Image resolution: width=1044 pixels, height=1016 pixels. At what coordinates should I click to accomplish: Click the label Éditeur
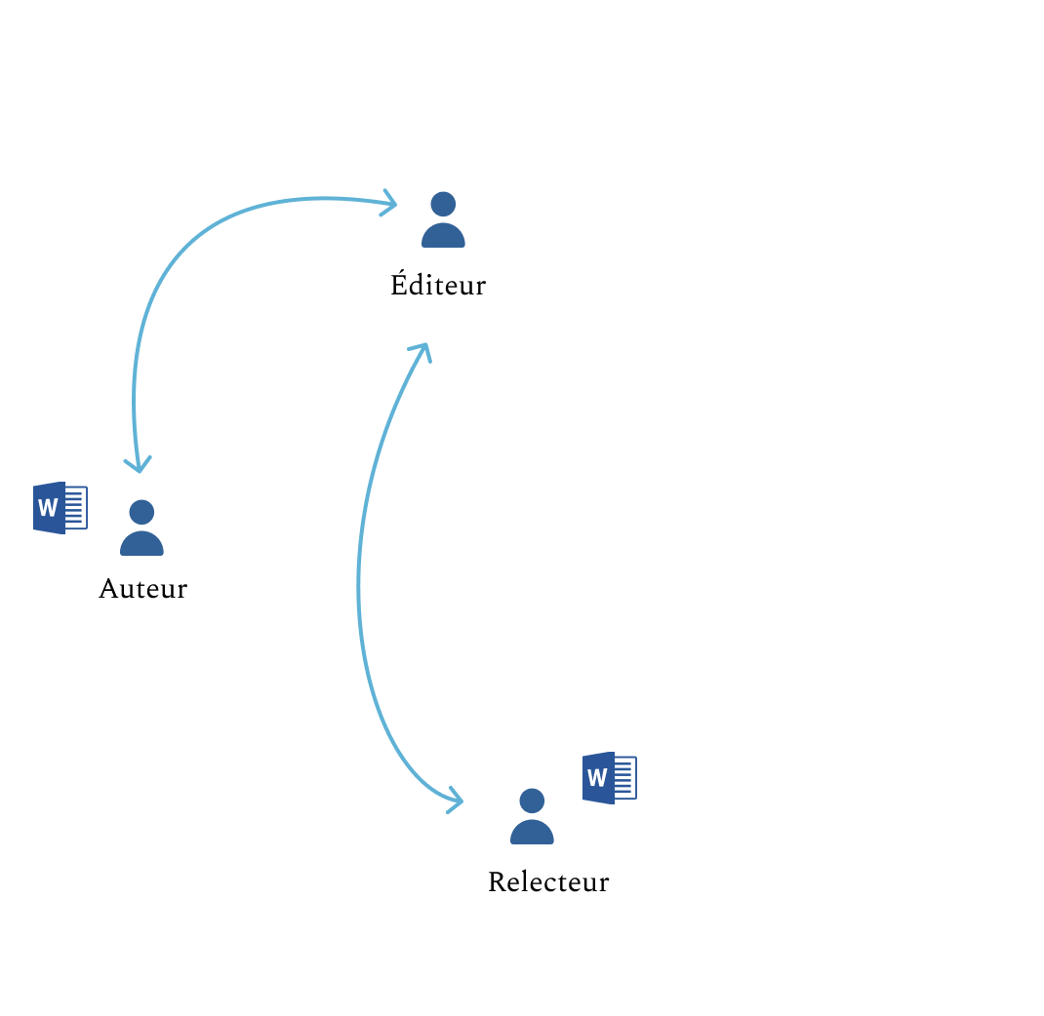pyautogui.click(x=437, y=285)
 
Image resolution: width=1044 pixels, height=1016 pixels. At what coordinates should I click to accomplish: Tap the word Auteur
pyautogui.click(x=142, y=589)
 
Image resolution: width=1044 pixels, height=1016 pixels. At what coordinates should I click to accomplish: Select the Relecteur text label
pyautogui.click(x=547, y=882)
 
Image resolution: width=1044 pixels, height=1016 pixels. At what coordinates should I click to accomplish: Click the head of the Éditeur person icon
pyautogui.click(x=443, y=204)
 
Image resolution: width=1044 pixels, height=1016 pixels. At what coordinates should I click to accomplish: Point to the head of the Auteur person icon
pyautogui.click(x=141, y=512)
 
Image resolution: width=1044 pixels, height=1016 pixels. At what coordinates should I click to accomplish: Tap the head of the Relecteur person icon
pyautogui.click(x=532, y=801)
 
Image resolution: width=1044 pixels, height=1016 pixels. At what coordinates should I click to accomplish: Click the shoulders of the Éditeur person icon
pyautogui.click(x=443, y=236)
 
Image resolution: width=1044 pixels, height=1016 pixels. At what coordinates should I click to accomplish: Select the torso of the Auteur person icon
pyautogui.click(x=141, y=544)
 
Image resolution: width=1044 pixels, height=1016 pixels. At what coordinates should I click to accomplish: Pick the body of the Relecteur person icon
pyautogui.click(x=532, y=833)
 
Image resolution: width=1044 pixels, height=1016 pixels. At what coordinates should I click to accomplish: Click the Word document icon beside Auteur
pyautogui.click(x=60, y=508)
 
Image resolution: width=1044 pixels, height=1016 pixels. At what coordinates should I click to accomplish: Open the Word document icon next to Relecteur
pyautogui.click(x=609, y=778)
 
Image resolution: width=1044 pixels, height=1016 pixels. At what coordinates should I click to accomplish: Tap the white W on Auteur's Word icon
pyautogui.click(x=47, y=508)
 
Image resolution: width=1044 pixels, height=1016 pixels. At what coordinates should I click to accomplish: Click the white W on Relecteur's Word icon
pyautogui.click(x=597, y=778)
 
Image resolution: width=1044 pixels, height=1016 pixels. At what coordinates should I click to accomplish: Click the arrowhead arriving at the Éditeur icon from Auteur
pyautogui.click(x=390, y=204)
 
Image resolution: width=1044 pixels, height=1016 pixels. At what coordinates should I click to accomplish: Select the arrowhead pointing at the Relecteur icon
pyautogui.click(x=456, y=801)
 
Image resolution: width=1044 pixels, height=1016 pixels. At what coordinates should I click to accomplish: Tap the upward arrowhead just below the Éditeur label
pyautogui.click(x=422, y=349)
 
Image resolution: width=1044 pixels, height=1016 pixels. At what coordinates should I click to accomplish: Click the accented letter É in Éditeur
pyautogui.click(x=399, y=284)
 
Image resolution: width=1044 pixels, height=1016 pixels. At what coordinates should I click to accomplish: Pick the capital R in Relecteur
pyautogui.click(x=497, y=882)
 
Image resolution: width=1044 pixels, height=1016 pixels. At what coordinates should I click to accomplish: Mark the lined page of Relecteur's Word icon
pyautogui.click(x=624, y=778)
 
